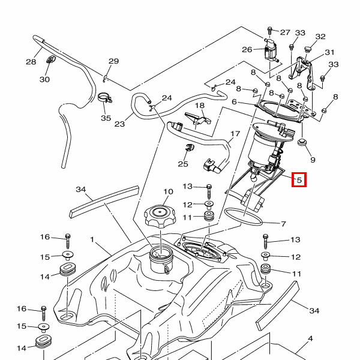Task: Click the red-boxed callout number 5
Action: point(299,179)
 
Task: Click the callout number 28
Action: point(31,61)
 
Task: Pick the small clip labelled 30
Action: point(49,59)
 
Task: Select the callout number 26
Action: point(247,49)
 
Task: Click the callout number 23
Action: point(119,124)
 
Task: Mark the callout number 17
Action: point(235,134)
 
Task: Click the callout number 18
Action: point(199,106)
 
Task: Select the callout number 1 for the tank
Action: point(92,239)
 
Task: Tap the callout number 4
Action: point(310,339)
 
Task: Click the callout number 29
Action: point(113,61)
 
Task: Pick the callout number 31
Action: point(329,52)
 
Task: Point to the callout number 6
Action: point(243,103)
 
